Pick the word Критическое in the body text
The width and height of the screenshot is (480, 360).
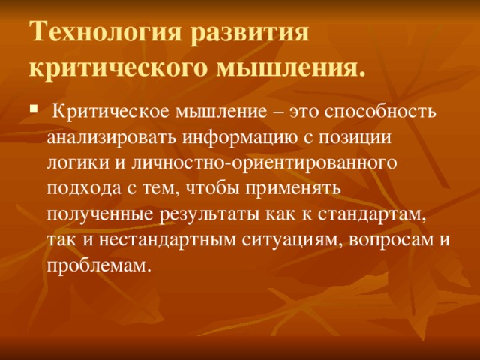coord(112,113)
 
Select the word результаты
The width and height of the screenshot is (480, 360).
coord(207,214)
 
